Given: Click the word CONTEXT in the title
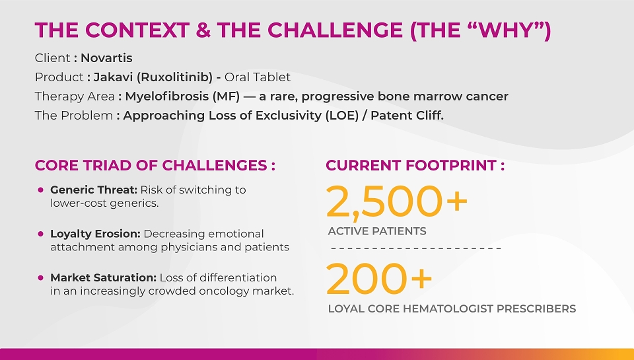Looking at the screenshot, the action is point(137,30).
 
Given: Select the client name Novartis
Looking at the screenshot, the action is point(106,58).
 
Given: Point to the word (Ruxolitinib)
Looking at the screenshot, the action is point(174,77).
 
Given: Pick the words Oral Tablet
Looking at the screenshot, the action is point(258,77).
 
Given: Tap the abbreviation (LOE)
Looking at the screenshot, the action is point(342,116).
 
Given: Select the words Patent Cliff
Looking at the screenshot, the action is point(407,116).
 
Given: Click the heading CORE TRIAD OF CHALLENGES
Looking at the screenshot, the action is point(151,165).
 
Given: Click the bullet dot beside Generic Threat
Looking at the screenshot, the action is point(40,190).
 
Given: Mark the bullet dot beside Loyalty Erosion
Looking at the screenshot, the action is point(40,234).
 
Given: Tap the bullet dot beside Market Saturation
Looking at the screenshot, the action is point(40,278).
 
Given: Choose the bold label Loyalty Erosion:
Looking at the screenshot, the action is point(95,234).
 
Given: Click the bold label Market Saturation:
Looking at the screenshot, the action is point(103,278).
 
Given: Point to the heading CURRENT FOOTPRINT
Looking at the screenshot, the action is point(411,165).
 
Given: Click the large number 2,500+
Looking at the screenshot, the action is point(397,201).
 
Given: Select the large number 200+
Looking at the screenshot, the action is point(379,278).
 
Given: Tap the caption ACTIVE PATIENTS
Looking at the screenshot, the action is point(377,231).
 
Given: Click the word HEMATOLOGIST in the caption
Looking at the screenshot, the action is point(448,308).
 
